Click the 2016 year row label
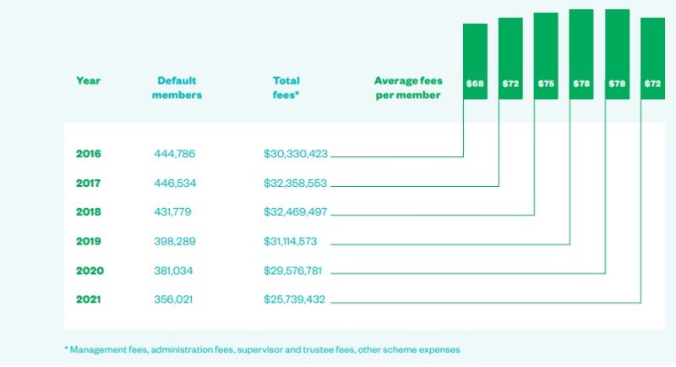pyautogui.click(x=89, y=154)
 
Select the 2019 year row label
pyautogui.click(x=89, y=242)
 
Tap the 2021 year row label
pyautogui.click(x=89, y=299)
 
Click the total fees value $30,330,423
pyautogui.click(x=295, y=154)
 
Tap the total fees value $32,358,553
pyautogui.click(x=295, y=183)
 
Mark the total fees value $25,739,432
pyautogui.click(x=295, y=299)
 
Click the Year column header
pyautogui.click(x=88, y=81)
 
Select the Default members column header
pyautogui.click(x=177, y=88)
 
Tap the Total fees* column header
pyautogui.click(x=286, y=88)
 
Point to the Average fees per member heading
pyautogui.click(x=407, y=88)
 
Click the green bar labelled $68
pyautogui.click(x=475, y=61)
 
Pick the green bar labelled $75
pyautogui.click(x=546, y=56)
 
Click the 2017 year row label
pyautogui.click(x=89, y=183)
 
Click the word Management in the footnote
pyautogui.click(x=99, y=349)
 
